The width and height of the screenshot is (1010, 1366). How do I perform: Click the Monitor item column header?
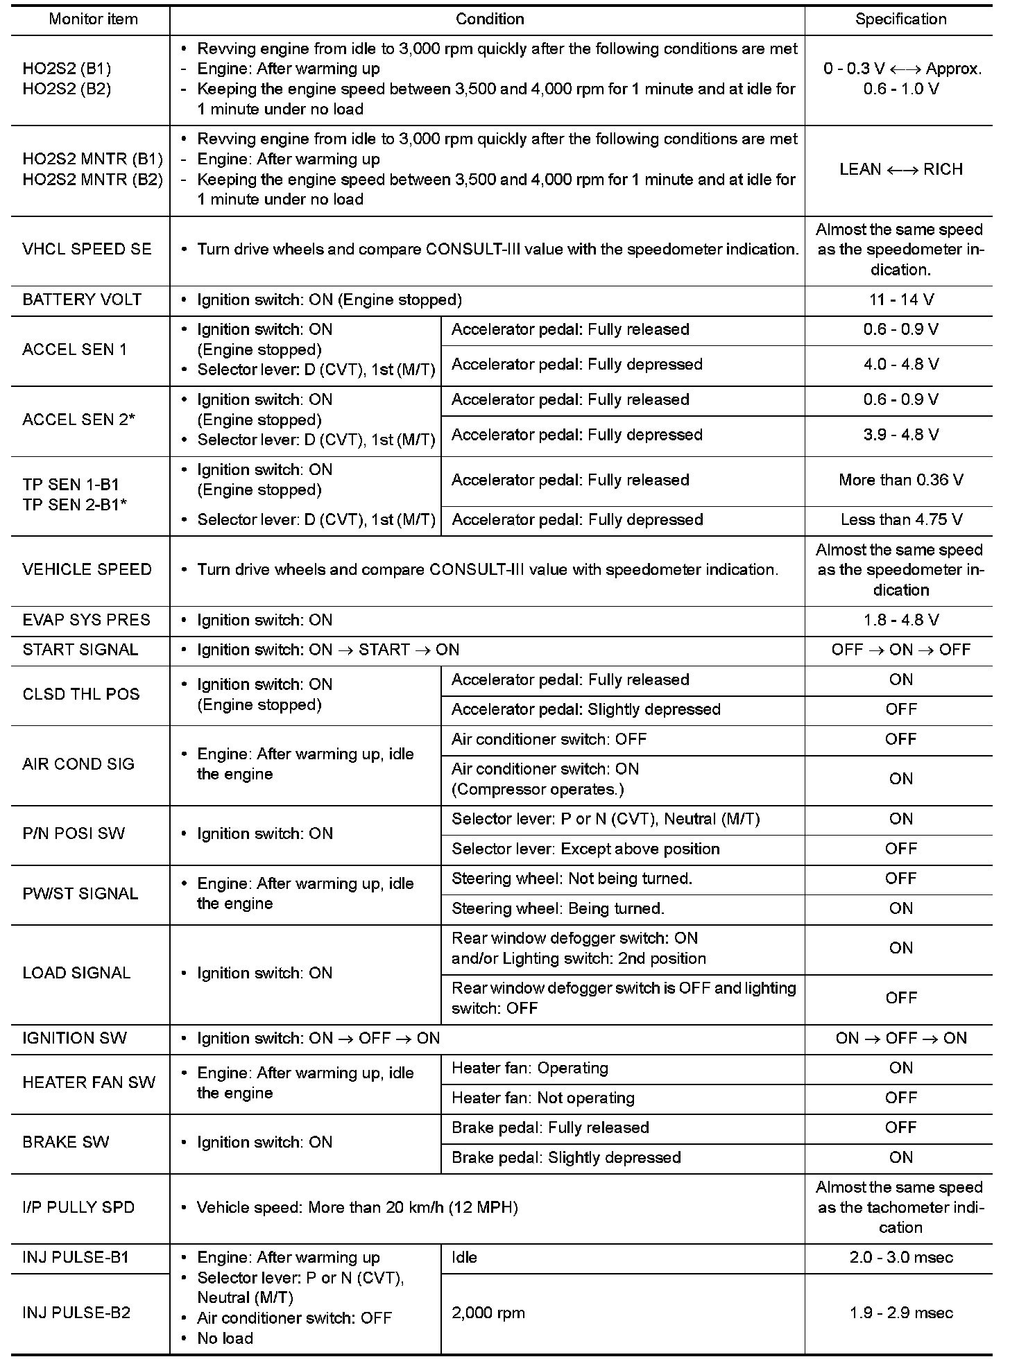[x=93, y=19]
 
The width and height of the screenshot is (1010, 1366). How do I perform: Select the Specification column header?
[x=900, y=19]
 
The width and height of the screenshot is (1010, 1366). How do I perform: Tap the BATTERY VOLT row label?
[x=82, y=300]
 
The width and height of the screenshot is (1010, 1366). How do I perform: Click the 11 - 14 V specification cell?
[x=900, y=300]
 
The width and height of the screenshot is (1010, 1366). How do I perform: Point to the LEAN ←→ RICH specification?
[x=900, y=170]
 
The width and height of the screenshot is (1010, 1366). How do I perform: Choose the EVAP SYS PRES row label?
[x=86, y=620]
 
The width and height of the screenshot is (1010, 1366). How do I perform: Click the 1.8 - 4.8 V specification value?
[x=900, y=620]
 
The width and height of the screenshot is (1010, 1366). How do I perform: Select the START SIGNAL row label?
[x=80, y=650]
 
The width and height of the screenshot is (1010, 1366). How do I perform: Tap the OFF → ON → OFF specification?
[x=900, y=650]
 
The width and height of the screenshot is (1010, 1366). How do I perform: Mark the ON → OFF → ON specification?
[x=900, y=1038]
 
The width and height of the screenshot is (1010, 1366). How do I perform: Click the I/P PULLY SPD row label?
[x=78, y=1207]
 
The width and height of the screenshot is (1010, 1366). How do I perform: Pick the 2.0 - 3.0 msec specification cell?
[x=900, y=1257]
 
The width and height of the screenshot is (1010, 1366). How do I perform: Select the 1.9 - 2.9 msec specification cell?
[x=900, y=1313]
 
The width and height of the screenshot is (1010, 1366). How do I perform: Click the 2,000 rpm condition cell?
[x=488, y=1313]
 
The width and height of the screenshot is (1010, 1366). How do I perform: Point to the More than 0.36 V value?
[x=900, y=480]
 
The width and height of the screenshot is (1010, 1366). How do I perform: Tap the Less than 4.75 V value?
[x=900, y=519]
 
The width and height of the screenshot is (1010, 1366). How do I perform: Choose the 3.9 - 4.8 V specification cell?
[x=900, y=435]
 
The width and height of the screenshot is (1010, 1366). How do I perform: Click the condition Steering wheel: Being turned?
[x=558, y=908]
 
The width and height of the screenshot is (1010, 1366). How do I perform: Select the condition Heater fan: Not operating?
[x=542, y=1098]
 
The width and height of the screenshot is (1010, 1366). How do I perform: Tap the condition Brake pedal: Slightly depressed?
[x=566, y=1157]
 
